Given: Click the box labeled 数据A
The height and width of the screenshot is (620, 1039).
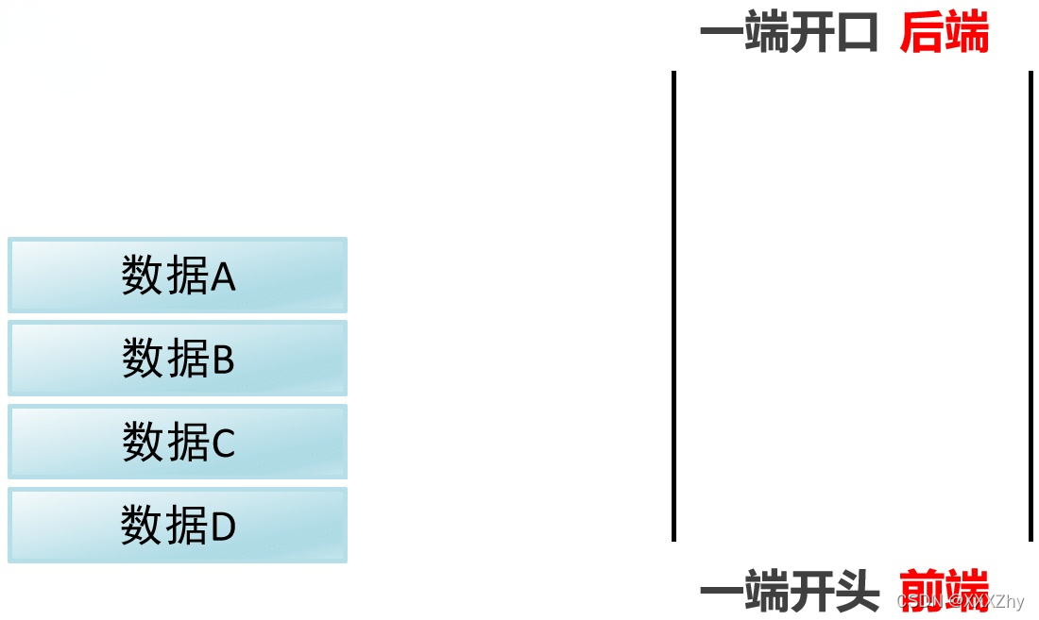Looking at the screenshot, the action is pyautogui.click(x=178, y=275).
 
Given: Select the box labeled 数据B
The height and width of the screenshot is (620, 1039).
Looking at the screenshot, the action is pyautogui.click(x=178, y=358).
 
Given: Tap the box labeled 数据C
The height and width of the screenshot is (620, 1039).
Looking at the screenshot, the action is pyautogui.click(x=178, y=441).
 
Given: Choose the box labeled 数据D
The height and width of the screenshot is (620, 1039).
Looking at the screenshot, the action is pyautogui.click(x=178, y=525).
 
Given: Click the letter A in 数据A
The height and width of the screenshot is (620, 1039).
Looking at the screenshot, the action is pyautogui.click(x=223, y=276).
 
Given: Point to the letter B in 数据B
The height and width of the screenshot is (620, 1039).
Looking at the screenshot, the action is pyautogui.click(x=223, y=360).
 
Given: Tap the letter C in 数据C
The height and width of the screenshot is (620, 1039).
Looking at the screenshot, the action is pyautogui.click(x=223, y=443).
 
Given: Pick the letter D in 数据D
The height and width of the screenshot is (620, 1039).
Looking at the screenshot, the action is pyautogui.click(x=223, y=526).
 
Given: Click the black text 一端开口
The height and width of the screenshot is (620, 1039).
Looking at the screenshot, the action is pyautogui.click(x=789, y=35).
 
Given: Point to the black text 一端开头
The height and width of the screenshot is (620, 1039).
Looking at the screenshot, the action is pyautogui.click(x=789, y=593).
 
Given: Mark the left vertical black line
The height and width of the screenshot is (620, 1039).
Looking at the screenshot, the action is pyautogui.click(x=673, y=306).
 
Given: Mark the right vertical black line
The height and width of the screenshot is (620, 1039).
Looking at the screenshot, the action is pyautogui.click(x=1030, y=306).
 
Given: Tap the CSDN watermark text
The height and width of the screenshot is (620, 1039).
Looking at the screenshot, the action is pyautogui.click(x=960, y=601).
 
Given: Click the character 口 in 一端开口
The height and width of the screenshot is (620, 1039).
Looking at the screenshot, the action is pyautogui.click(x=858, y=35).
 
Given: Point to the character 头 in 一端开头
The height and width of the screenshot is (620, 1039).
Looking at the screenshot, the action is pyautogui.click(x=858, y=593).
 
